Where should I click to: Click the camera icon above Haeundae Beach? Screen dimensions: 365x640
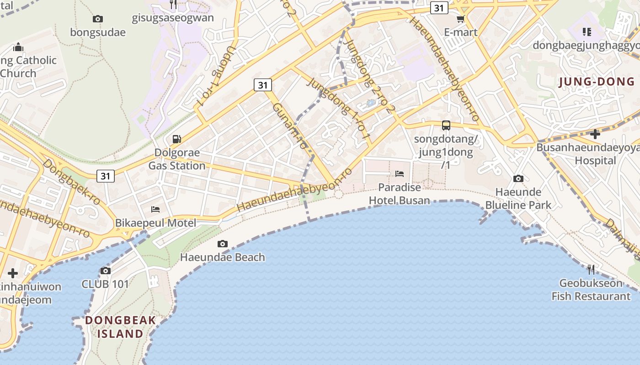click(223, 244)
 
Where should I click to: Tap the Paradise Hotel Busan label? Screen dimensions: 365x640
click(400, 194)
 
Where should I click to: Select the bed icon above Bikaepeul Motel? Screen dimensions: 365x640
click(155, 209)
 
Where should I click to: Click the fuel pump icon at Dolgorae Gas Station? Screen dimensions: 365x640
click(176, 139)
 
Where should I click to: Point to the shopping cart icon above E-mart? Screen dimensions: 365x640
click(461, 19)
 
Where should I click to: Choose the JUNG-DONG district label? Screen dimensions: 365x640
click(597, 82)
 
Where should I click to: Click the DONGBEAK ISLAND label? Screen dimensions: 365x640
click(120, 327)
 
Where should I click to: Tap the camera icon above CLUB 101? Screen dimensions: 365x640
click(106, 271)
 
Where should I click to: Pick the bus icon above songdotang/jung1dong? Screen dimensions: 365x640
click(446, 125)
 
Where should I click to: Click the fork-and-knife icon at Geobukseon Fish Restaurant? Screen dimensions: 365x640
click(591, 269)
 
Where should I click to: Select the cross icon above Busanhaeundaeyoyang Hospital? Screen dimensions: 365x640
click(595, 134)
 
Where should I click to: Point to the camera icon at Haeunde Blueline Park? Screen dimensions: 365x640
click(518, 178)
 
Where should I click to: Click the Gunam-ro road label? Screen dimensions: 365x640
click(290, 126)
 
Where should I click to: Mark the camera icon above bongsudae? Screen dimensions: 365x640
click(97, 19)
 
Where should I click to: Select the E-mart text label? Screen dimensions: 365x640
click(461, 32)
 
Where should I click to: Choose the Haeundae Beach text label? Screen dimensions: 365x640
click(223, 257)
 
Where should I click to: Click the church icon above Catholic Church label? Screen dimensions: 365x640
click(18, 47)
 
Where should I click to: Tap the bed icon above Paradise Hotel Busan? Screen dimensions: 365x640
click(400, 174)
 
